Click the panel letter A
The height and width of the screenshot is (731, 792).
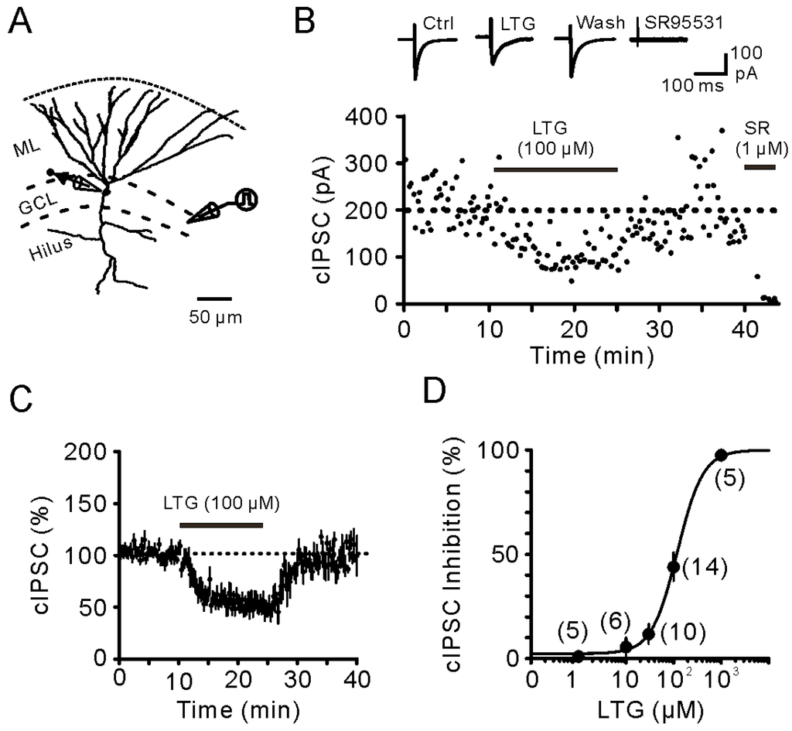pyautogui.click(x=21, y=24)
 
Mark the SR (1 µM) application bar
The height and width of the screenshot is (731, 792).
pyautogui.click(x=759, y=166)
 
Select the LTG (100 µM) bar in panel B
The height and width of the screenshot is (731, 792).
pyautogui.click(x=555, y=169)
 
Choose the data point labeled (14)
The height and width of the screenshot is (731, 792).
pyautogui.click(x=673, y=566)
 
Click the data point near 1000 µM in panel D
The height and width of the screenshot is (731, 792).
pyautogui.click(x=721, y=455)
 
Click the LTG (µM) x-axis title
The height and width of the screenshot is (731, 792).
pyautogui.click(x=650, y=709)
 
